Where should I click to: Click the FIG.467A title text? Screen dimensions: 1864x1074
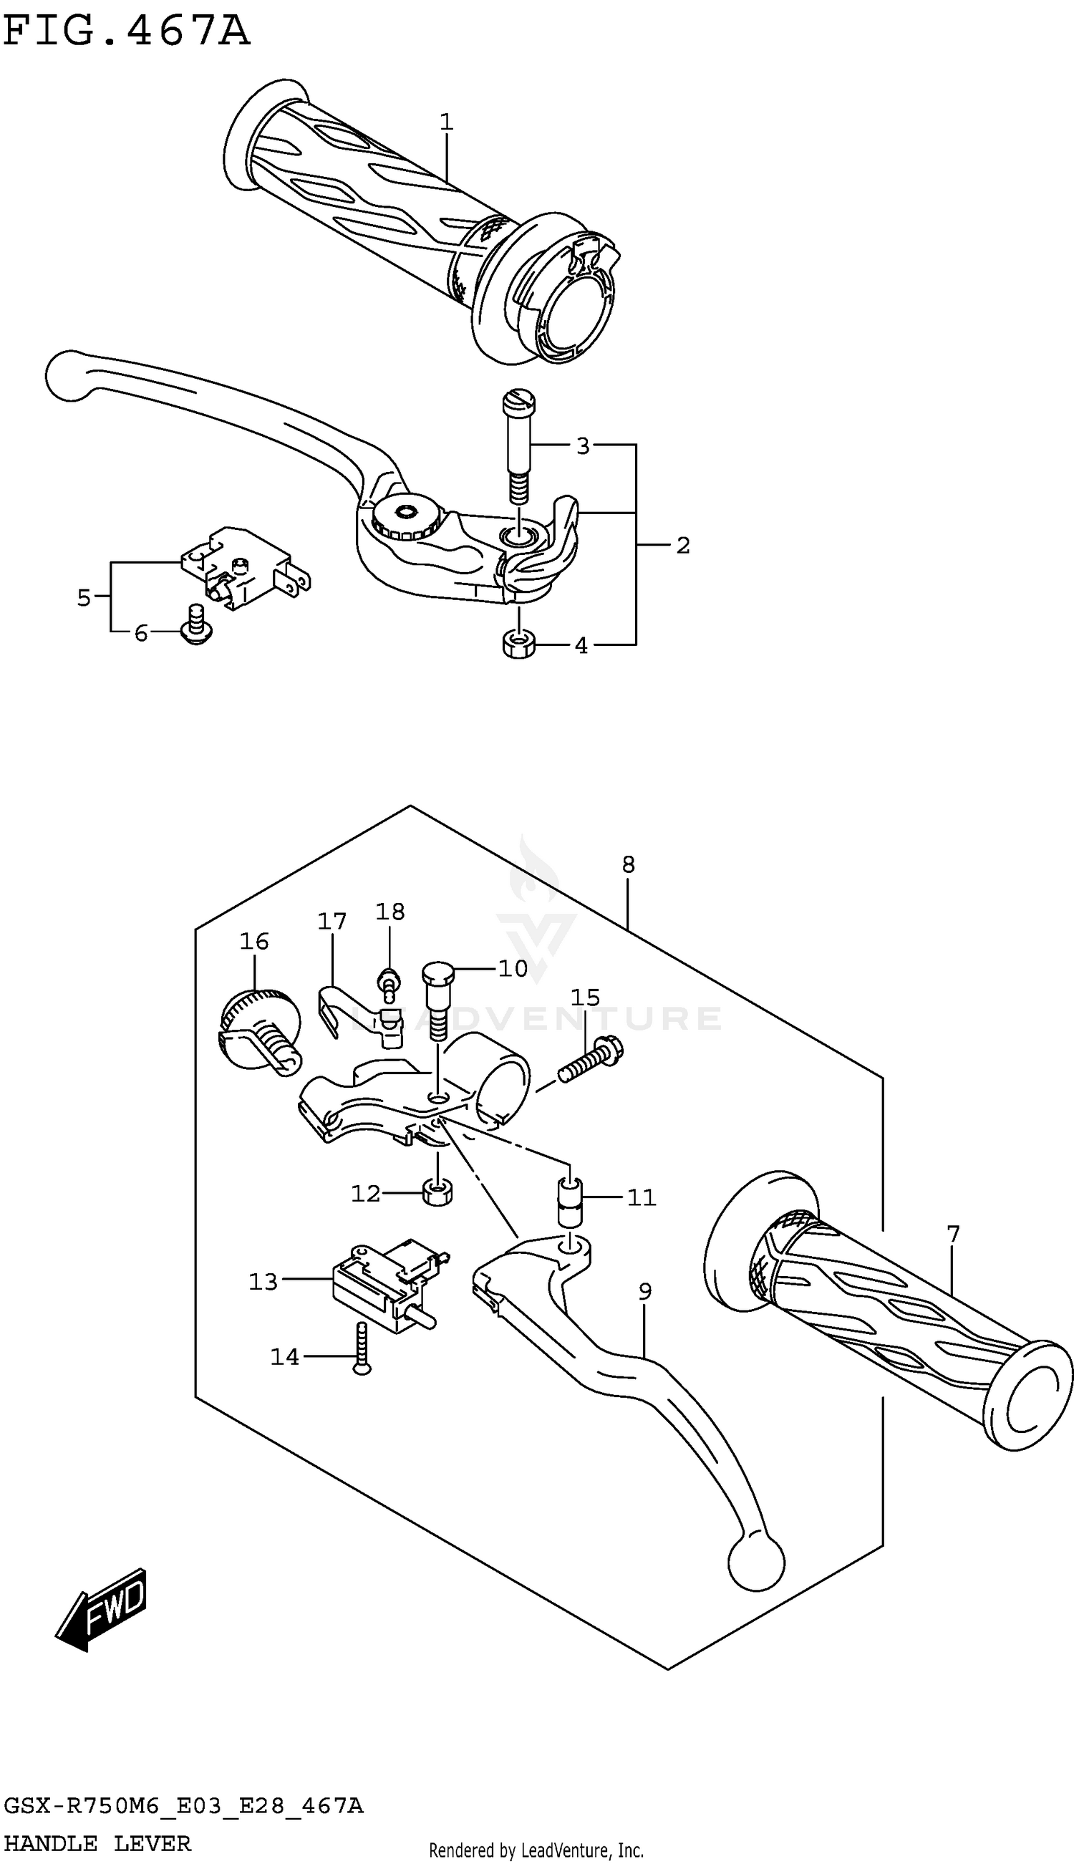(126, 32)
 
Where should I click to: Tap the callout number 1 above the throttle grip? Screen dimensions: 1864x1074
(446, 122)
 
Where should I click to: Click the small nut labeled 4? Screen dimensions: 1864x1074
(518, 643)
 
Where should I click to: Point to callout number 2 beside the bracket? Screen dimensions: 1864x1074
(683, 545)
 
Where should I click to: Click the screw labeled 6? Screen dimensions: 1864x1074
(197, 626)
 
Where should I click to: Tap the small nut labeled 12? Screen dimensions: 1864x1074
(438, 1192)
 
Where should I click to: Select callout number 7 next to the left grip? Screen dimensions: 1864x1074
(953, 1233)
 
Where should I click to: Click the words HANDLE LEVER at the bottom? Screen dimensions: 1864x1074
(97, 1843)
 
